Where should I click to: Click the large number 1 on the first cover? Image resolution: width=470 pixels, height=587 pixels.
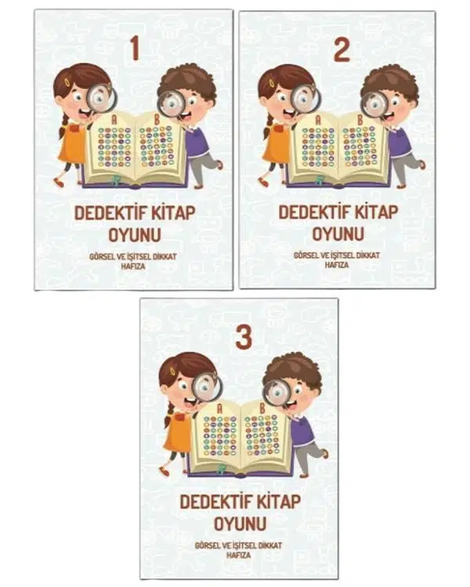[135, 49]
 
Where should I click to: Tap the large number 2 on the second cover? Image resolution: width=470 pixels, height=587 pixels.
[342, 50]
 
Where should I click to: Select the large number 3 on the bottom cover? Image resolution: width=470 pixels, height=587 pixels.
[244, 337]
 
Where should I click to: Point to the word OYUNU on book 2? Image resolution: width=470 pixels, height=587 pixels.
[338, 234]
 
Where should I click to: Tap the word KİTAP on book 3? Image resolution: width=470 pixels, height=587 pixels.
[273, 502]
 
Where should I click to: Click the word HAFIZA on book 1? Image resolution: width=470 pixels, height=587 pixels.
[133, 267]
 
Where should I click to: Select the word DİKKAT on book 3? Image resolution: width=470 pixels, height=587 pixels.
[269, 546]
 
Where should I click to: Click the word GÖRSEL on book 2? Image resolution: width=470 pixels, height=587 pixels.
[305, 255]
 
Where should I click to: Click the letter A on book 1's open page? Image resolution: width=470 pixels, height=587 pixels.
[114, 120]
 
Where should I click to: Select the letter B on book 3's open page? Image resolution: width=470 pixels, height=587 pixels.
[262, 408]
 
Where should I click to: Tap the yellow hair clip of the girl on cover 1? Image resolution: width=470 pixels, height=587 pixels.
[68, 82]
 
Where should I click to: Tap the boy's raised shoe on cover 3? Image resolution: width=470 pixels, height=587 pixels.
[326, 454]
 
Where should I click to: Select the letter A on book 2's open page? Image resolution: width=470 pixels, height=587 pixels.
[319, 120]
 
